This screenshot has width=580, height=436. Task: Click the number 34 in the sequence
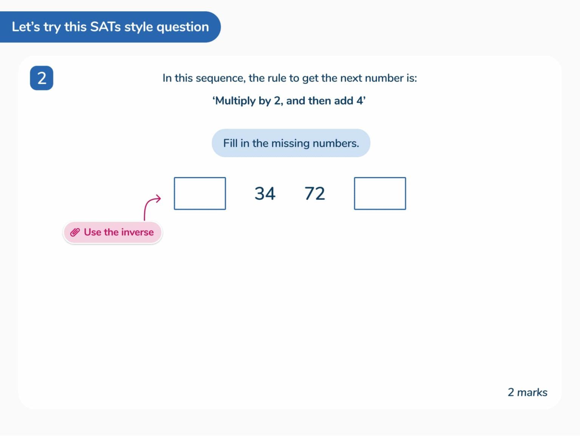[x=265, y=194]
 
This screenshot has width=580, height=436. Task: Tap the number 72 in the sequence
[x=315, y=194]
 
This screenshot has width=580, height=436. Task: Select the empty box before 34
[x=200, y=194]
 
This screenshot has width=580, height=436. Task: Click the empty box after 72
[x=380, y=194]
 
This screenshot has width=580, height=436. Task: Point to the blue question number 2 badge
[x=42, y=78]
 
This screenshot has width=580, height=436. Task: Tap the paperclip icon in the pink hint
[x=75, y=232]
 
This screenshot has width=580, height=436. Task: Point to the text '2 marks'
[x=527, y=393]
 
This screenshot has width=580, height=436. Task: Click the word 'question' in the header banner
[x=182, y=27]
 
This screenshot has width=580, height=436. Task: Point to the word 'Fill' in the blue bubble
[x=230, y=143]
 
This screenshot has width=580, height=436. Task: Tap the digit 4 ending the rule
[x=359, y=101]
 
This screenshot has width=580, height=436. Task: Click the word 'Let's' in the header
[x=26, y=27]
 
